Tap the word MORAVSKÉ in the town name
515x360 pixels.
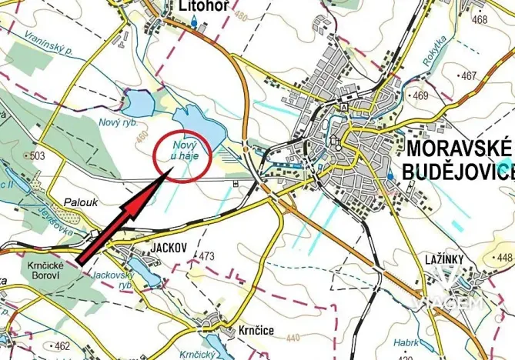[459, 148]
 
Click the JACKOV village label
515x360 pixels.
[162, 248]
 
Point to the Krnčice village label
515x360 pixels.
[252, 330]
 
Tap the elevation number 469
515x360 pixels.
[420, 95]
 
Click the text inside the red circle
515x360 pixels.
[179, 150]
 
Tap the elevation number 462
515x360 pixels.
[62, 345]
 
